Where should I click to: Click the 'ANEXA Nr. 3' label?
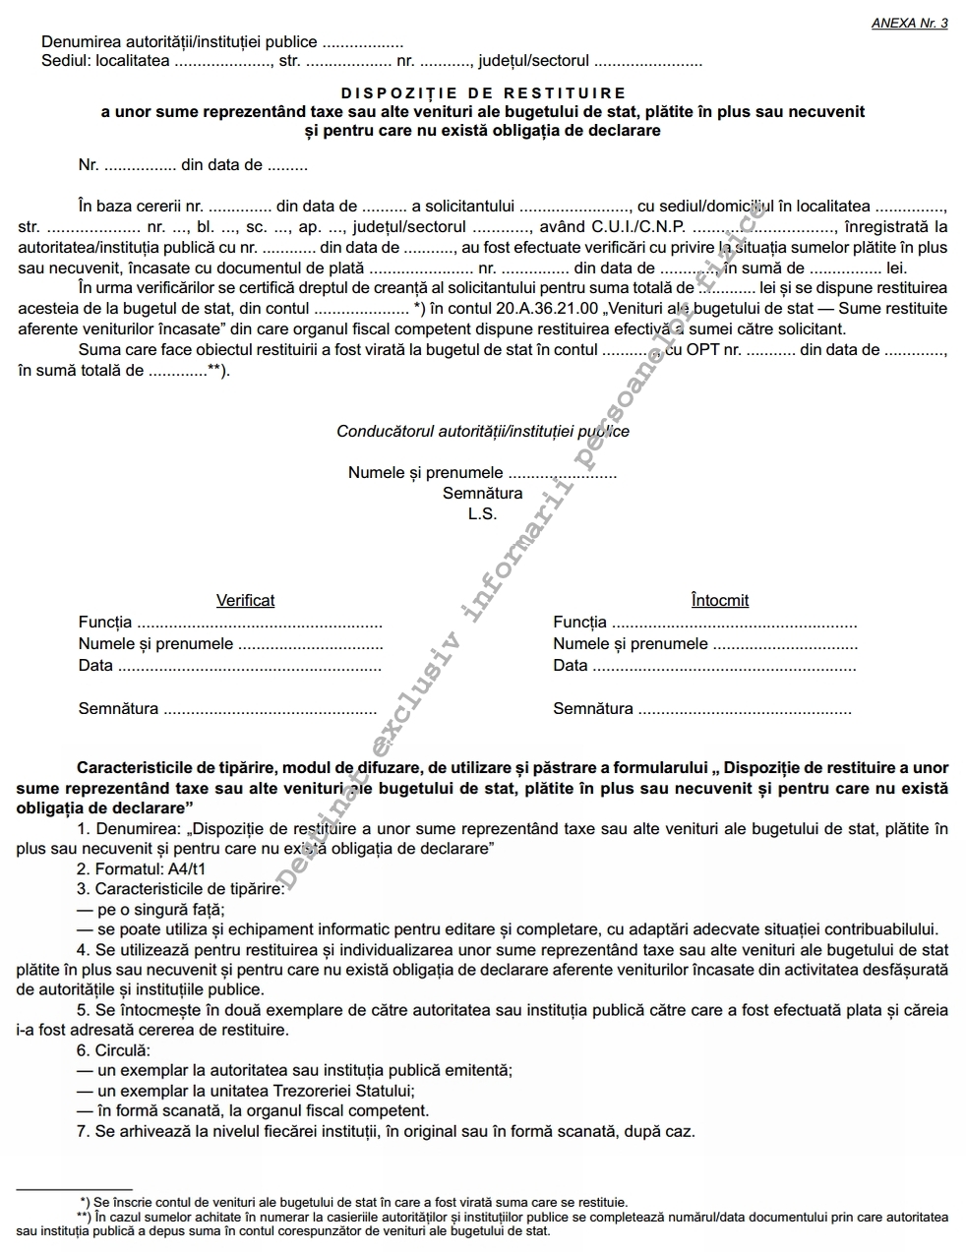point(909,24)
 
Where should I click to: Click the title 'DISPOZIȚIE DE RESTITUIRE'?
point(482,93)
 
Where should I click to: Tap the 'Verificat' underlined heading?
point(245,600)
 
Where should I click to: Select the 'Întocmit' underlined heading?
point(719,600)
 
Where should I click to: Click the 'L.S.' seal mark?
point(482,513)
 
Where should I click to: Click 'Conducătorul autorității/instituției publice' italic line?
point(482,431)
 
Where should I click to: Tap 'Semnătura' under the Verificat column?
point(118,708)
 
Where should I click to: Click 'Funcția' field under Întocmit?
point(579,622)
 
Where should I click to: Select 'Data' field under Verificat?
point(95,665)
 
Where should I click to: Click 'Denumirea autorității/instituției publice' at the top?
point(179,42)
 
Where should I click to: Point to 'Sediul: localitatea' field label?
point(105,61)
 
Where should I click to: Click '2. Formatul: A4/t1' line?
point(141,869)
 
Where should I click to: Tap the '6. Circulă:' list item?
point(113,1050)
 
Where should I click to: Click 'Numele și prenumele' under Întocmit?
point(630,644)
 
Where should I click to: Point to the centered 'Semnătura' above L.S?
point(482,493)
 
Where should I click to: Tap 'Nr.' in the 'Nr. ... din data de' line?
point(89,165)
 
